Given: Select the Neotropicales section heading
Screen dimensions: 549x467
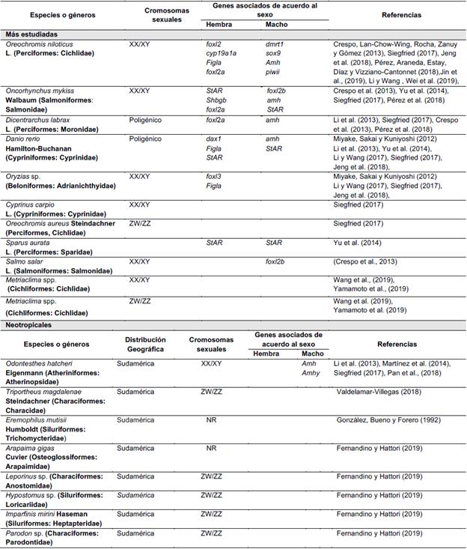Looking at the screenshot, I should pyautogui.click(x=30, y=325).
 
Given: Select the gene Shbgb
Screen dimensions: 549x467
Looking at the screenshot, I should pyautogui.click(x=217, y=100).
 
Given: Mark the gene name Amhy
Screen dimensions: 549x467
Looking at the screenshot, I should pyautogui.click(x=310, y=373).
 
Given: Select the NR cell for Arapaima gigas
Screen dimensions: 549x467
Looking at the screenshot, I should pyautogui.click(x=212, y=446).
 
